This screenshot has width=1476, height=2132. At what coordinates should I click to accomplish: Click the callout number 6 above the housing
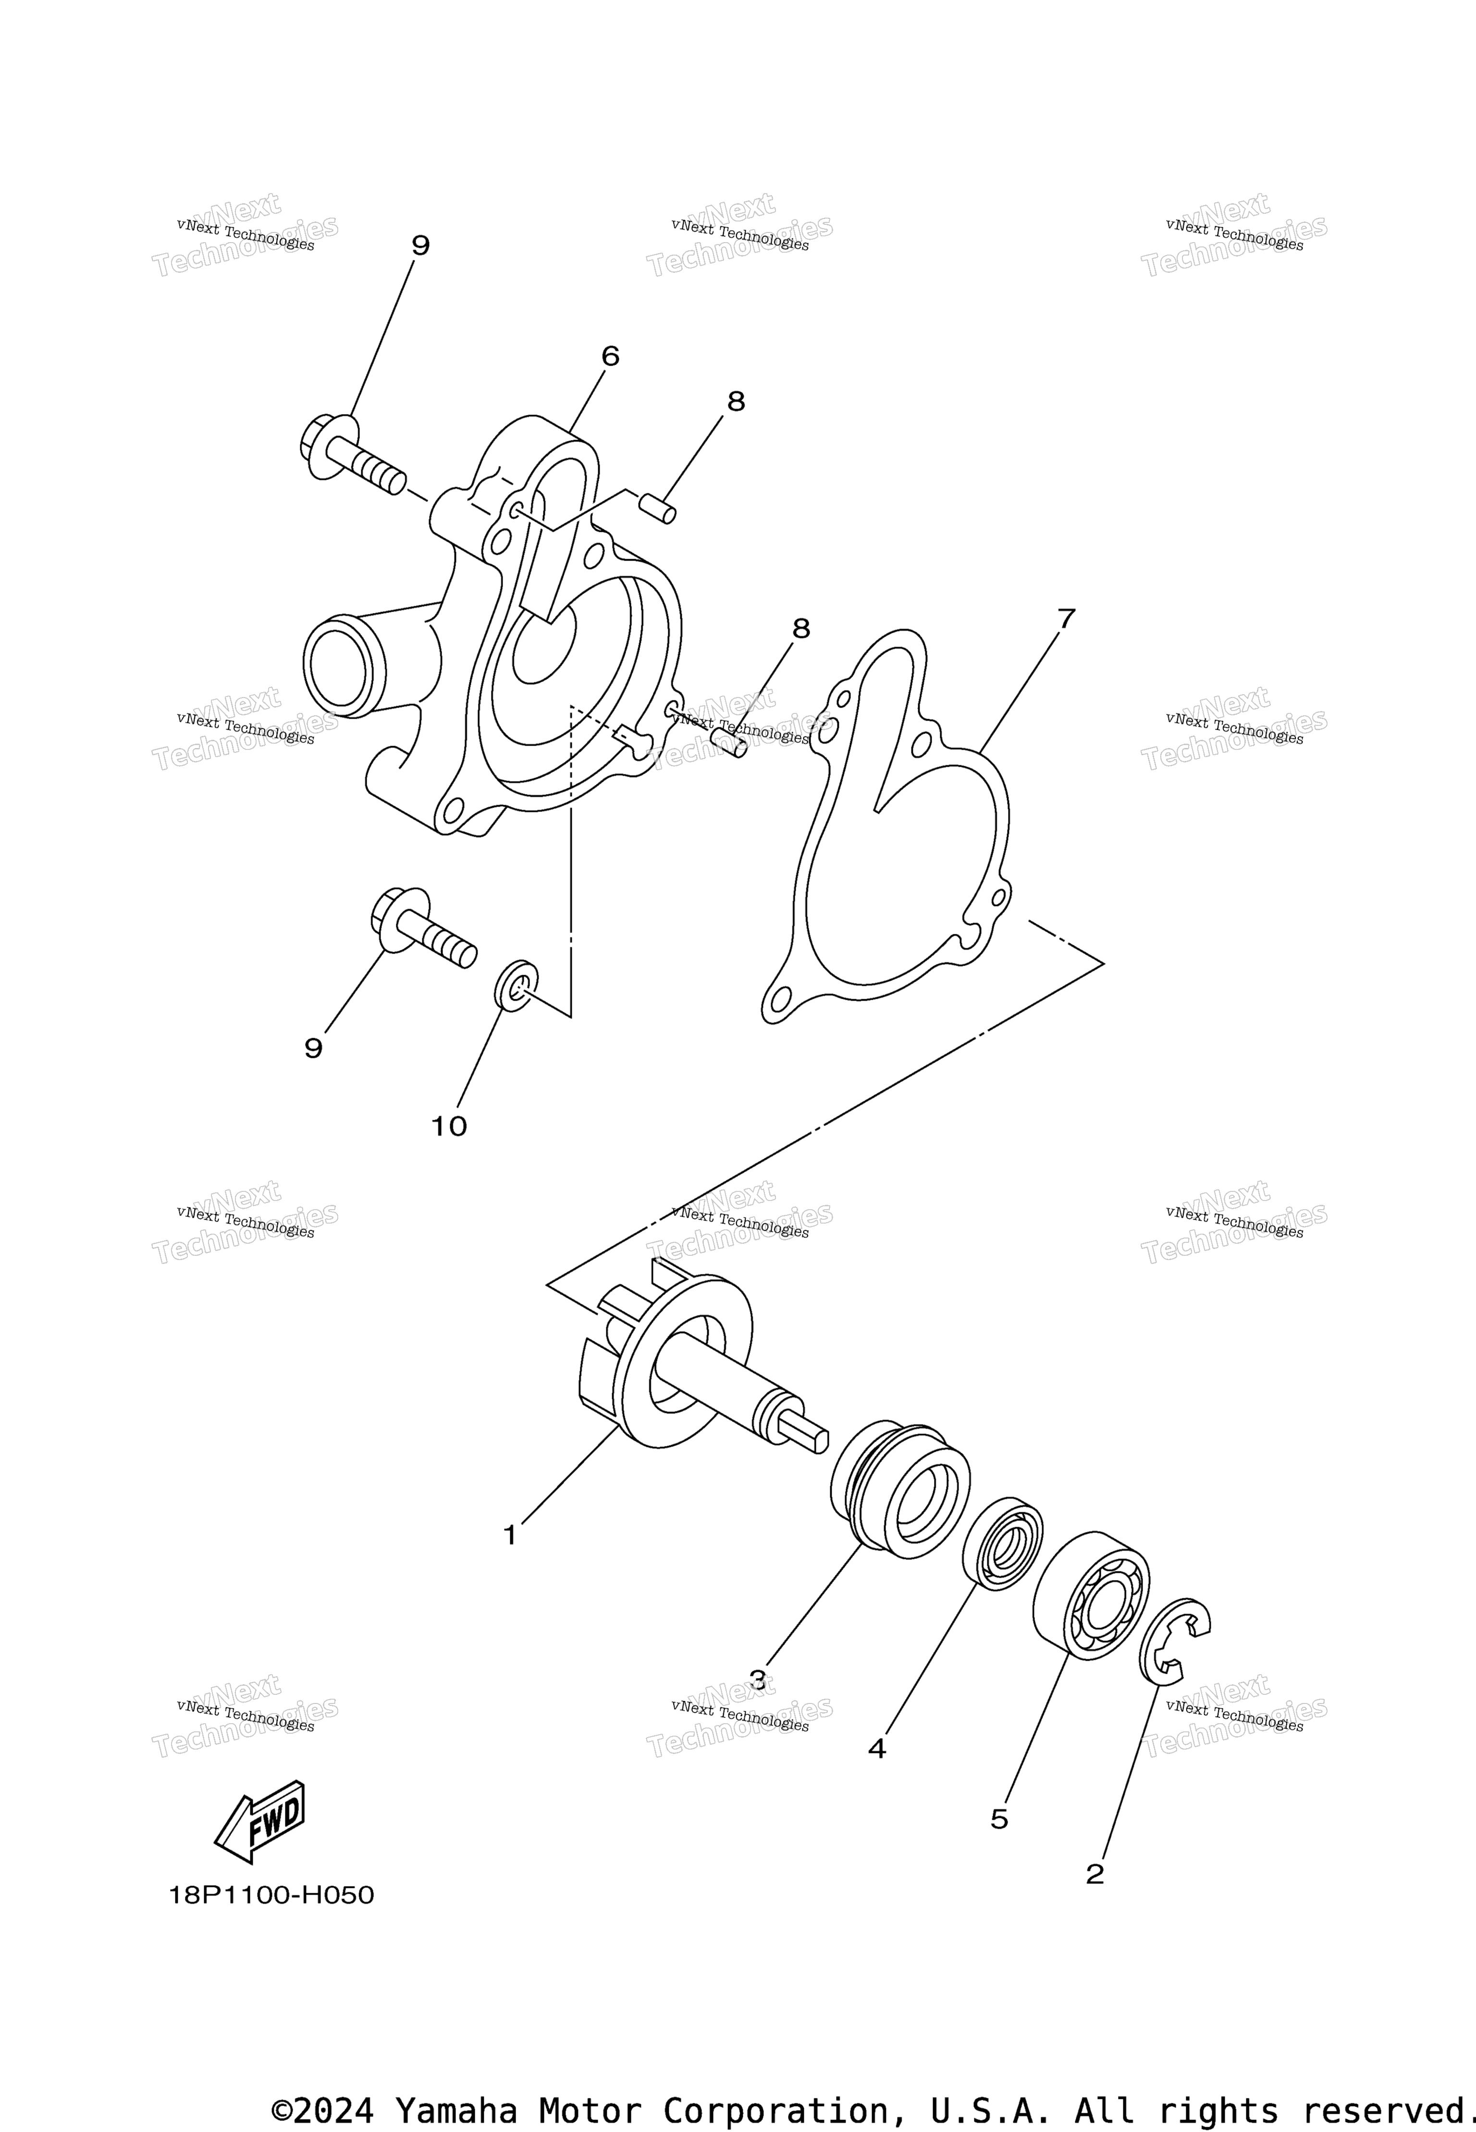tap(610, 356)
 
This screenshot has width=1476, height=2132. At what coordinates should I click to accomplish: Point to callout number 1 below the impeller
tap(510, 1535)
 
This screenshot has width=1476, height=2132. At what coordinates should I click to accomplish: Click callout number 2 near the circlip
tap(1095, 1874)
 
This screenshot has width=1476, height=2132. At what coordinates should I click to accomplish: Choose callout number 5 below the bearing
tap(1000, 1819)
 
